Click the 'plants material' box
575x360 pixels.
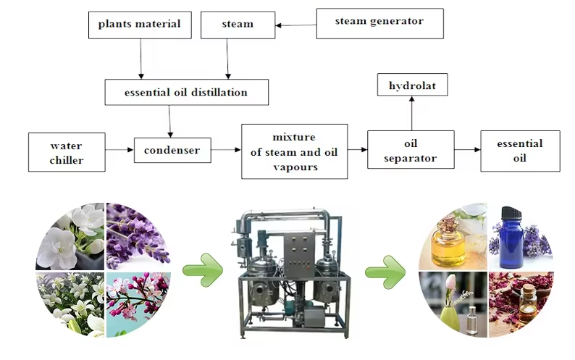coord(140,25)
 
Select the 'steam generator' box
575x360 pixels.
coord(379,22)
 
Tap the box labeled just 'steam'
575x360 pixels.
coord(237,25)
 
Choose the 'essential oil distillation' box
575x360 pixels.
coord(186,93)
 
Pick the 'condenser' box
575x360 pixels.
coord(172,150)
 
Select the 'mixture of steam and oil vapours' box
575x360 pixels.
coord(294,151)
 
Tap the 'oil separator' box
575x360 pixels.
coord(411,150)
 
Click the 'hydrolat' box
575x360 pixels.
coord(411,85)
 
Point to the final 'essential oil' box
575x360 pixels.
coord(520,150)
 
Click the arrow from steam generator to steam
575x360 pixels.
coord(295,25)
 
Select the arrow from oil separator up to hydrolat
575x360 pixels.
coord(411,114)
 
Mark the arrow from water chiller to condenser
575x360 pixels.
coord(119,150)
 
